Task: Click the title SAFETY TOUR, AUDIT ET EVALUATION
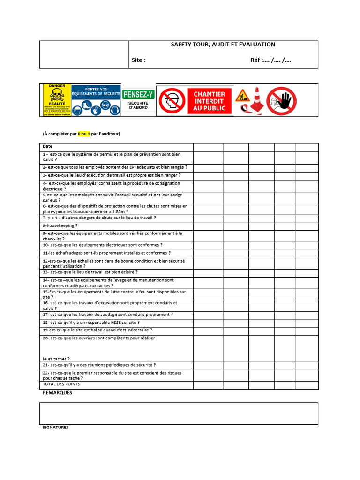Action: tap(223, 45)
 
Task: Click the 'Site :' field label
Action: tap(139, 60)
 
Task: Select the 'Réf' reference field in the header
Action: tap(270, 60)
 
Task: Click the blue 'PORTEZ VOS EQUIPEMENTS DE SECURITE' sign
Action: tap(96, 99)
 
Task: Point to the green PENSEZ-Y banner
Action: tap(138, 95)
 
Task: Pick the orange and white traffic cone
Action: tap(256, 100)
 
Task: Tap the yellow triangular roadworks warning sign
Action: tap(242, 96)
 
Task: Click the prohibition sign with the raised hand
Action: tap(282, 101)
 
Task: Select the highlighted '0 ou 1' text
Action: tap(84, 134)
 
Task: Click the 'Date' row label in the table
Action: tap(48, 147)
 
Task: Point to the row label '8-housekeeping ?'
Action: tap(60, 225)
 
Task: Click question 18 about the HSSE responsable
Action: tap(91, 322)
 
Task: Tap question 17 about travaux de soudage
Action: tap(108, 315)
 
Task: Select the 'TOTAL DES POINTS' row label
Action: tap(61, 384)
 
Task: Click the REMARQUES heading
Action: tap(58, 393)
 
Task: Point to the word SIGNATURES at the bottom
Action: tap(56, 427)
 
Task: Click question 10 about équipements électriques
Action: tap(103, 245)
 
